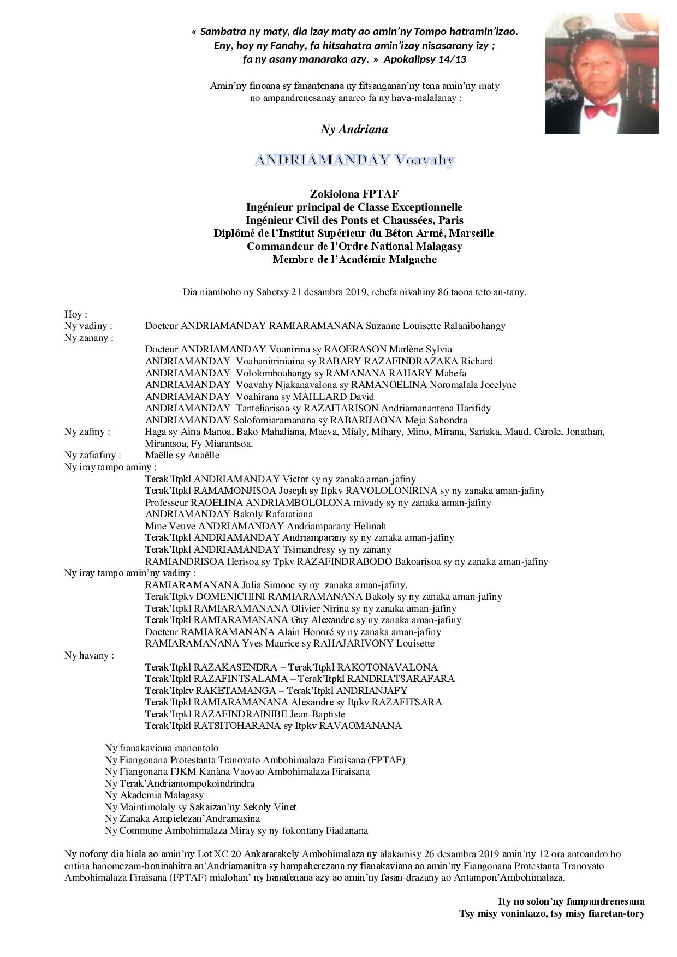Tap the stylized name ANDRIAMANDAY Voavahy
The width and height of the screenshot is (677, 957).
coord(354,160)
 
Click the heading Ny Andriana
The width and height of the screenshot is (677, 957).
coord(354,129)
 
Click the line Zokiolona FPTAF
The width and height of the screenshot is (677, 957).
coord(354,194)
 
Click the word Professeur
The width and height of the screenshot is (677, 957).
coord(167,503)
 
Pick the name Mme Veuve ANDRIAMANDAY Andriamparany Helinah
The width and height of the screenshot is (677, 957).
coord(265,526)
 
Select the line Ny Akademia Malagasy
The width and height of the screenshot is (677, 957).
coord(154,795)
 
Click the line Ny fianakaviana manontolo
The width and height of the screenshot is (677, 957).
coord(162,748)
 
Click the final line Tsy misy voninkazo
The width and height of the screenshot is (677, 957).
coord(551,913)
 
